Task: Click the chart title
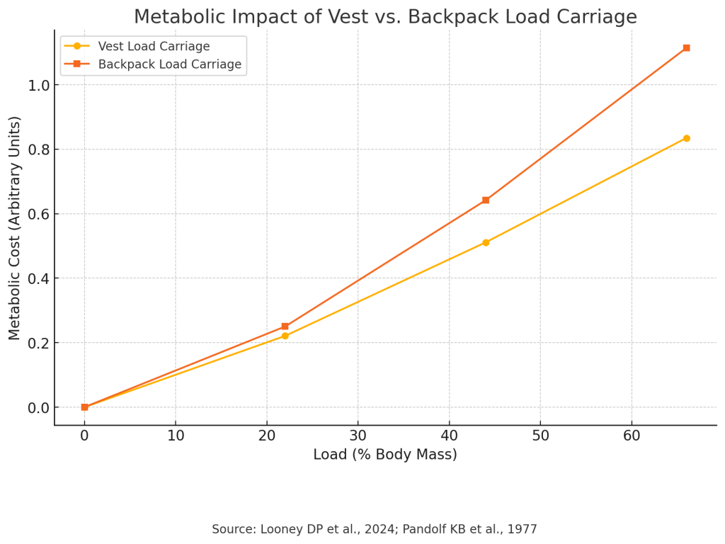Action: pyautogui.click(x=385, y=17)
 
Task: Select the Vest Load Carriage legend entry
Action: pyautogui.click(x=154, y=47)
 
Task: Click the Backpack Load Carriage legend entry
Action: pyautogui.click(x=169, y=64)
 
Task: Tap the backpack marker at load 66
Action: pyautogui.click(x=686, y=48)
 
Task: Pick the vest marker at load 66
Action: pyautogui.click(x=686, y=138)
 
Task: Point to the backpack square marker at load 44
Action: pyautogui.click(x=486, y=200)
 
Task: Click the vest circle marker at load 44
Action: pyautogui.click(x=486, y=242)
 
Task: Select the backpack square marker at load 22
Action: pyautogui.click(x=285, y=327)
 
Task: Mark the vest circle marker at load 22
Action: pyautogui.click(x=285, y=336)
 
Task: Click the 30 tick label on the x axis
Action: pyautogui.click(x=358, y=436)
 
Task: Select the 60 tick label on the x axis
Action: pyautogui.click(x=632, y=436)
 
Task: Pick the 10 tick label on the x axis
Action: pyautogui.click(x=176, y=436)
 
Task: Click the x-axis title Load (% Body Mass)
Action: pyautogui.click(x=385, y=455)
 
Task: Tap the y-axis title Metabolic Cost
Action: pyautogui.click(x=15, y=227)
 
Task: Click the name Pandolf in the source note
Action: pyautogui.click(x=416, y=529)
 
